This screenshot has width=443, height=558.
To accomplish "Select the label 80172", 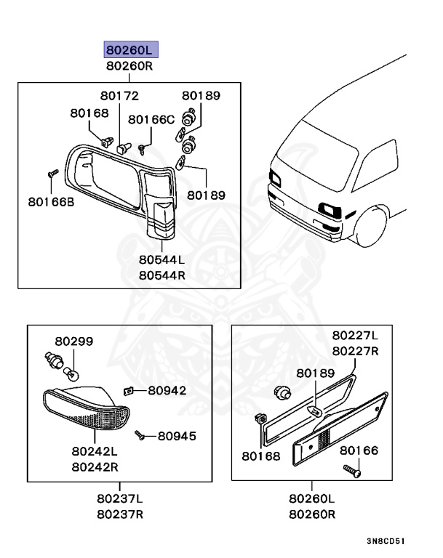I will (x=119, y=96).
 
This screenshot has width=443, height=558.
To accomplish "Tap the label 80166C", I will (x=151, y=119).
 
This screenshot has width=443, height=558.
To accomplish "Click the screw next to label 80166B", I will (x=52, y=174).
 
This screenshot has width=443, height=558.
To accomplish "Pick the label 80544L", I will (x=162, y=259).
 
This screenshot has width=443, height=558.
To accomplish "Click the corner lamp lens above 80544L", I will (x=161, y=215).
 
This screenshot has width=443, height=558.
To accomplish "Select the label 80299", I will (x=73, y=341).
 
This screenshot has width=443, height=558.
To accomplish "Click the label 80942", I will (x=167, y=390).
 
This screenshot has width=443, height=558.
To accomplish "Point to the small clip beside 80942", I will (x=128, y=390).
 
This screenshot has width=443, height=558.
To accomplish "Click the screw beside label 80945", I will (x=140, y=436).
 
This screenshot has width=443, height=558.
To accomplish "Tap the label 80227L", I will (x=355, y=336).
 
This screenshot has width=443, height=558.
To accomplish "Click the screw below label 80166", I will (x=352, y=472).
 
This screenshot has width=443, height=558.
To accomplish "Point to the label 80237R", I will (x=120, y=514).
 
